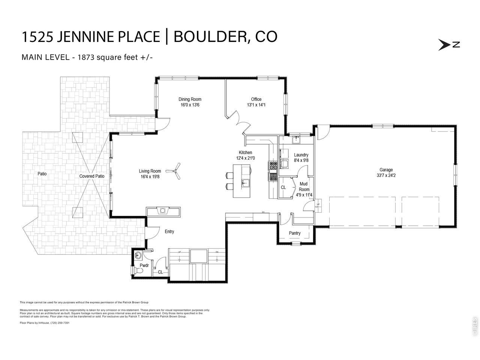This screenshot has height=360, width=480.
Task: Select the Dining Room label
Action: click(x=190, y=99)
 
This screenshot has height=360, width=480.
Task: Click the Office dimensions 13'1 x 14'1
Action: click(x=256, y=105)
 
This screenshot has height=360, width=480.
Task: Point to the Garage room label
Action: click(x=386, y=170)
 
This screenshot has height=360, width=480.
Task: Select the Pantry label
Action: click(x=295, y=233)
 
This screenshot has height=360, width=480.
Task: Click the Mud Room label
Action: click(x=304, y=187)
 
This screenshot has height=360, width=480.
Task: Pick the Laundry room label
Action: click(x=301, y=155)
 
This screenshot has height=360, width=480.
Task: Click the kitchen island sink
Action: click(x=245, y=183)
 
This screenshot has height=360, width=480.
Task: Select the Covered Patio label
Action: click(x=91, y=176)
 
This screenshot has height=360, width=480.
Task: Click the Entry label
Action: click(x=169, y=232)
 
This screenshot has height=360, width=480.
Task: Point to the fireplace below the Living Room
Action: click(x=163, y=211)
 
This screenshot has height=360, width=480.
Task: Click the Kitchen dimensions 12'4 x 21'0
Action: click(x=246, y=158)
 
